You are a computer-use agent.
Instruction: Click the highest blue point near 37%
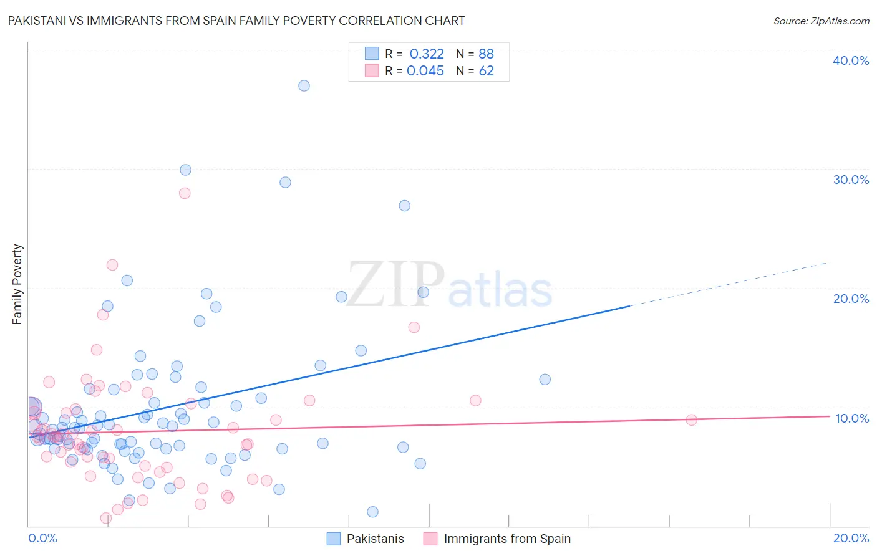(x=304, y=86)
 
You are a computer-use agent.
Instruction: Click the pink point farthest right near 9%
(x=691, y=420)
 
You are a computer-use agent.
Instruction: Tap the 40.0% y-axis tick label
(x=850, y=60)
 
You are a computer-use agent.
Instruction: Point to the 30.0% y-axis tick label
(x=850, y=180)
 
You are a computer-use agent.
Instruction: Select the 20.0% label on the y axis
(x=850, y=299)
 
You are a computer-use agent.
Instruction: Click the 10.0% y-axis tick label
(x=851, y=418)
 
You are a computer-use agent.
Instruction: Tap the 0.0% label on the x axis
(x=42, y=538)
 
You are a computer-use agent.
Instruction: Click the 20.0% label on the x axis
(x=850, y=538)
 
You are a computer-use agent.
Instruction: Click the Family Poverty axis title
(x=17, y=284)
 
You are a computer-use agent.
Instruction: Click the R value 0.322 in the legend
(x=427, y=54)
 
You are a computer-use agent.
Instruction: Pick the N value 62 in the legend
(x=486, y=71)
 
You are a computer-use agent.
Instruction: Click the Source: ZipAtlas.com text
(x=821, y=21)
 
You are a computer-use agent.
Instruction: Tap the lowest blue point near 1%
(x=372, y=512)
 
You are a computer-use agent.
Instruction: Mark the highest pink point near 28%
(x=185, y=193)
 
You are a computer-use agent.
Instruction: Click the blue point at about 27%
(x=404, y=206)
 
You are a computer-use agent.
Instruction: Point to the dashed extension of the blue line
(x=730, y=284)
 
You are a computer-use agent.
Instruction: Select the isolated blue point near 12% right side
(x=545, y=380)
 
